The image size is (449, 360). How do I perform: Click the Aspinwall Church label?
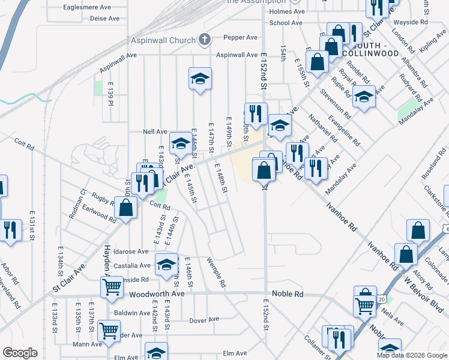pyautogui.click(x=163, y=40)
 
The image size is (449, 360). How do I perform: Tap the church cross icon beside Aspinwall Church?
pyautogui.click(x=204, y=40)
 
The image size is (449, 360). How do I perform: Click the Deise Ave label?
pyautogui.click(x=104, y=19)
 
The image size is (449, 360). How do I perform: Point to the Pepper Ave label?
pyautogui.click(x=240, y=37)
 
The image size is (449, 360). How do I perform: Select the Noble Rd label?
pyautogui.click(x=288, y=294)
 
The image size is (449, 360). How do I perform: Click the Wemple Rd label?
pyautogui.click(x=215, y=272)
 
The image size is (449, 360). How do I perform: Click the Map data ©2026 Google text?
pyautogui.click(x=411, y=355)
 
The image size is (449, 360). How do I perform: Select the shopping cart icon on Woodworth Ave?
pyautogui.click(x=112, y=287)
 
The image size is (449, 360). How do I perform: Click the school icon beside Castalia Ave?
pyautogui.click(x=166, y=264)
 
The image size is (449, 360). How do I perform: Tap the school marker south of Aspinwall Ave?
pyautogui.click(x=200, y=79)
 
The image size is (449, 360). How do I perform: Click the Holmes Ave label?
pyautogui.click(x=288, y=11)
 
